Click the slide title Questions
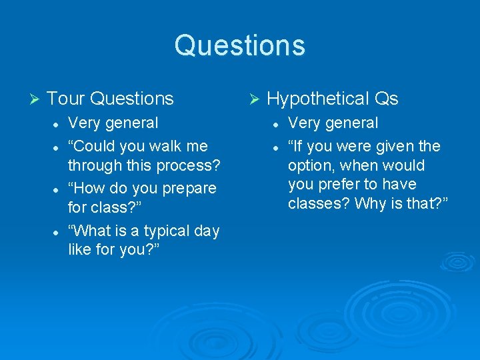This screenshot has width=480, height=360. pyautogui.click(x=240, y=45)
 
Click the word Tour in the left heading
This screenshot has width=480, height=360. pyautogui.click(x=66, y=99)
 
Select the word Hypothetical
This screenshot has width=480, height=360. pyautogui.click(x=317, y=99)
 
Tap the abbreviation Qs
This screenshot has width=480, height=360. pyautogui.click(x=386, y=99)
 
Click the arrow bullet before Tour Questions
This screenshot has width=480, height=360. pyautogui.click(x=36, y=99)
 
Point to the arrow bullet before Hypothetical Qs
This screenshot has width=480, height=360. pyautogui.click(x=253, y=99)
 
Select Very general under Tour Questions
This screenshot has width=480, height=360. pyautogui.click(x=113, y=123)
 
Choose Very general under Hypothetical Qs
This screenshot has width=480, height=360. pyautogui.click(x=333, y=123)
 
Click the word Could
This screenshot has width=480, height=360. pyautogui.click(x=97, y=145)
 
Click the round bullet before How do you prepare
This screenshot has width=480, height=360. pyautogui.click(x=59, y=189)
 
